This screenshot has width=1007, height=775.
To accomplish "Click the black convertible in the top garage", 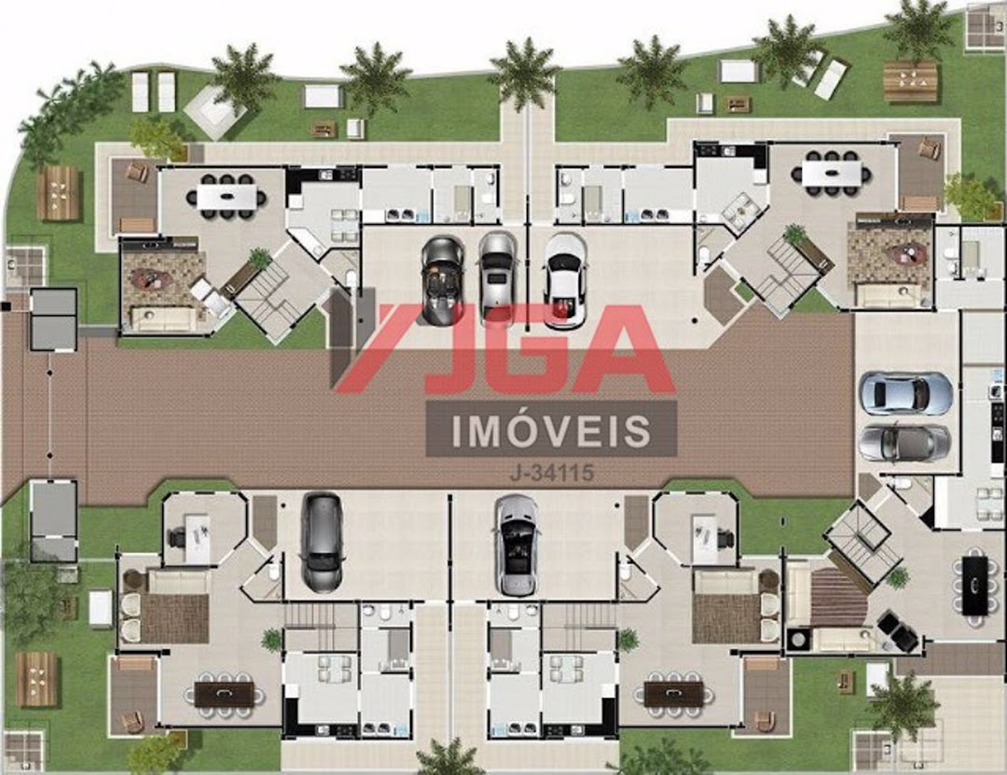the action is click(x=443, y=281).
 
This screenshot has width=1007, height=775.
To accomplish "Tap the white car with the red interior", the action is click(x=565, y=280).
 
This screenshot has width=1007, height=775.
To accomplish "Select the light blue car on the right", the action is click(x=905, y=394).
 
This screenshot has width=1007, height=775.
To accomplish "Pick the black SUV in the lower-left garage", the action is click(x=322, y=542).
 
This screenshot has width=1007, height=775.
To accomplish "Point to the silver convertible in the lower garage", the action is click(x=517, y=545).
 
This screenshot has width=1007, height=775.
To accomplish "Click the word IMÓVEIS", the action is click(x=552, y=430).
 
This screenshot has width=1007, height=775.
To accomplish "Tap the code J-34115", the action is click(x=552, y=474).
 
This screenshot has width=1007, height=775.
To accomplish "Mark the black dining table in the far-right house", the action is click(x=975, y=585).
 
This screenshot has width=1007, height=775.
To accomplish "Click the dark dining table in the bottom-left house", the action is click(x=225, y=694).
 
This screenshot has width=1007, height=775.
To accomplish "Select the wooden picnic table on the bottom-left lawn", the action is click(x=37, y=679).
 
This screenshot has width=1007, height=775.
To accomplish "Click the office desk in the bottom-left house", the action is click(x=197, y=534).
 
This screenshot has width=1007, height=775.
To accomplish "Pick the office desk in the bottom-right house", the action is click(x=704, y=534).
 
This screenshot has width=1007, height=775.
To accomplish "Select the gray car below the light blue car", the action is click(x=904, y=443).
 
